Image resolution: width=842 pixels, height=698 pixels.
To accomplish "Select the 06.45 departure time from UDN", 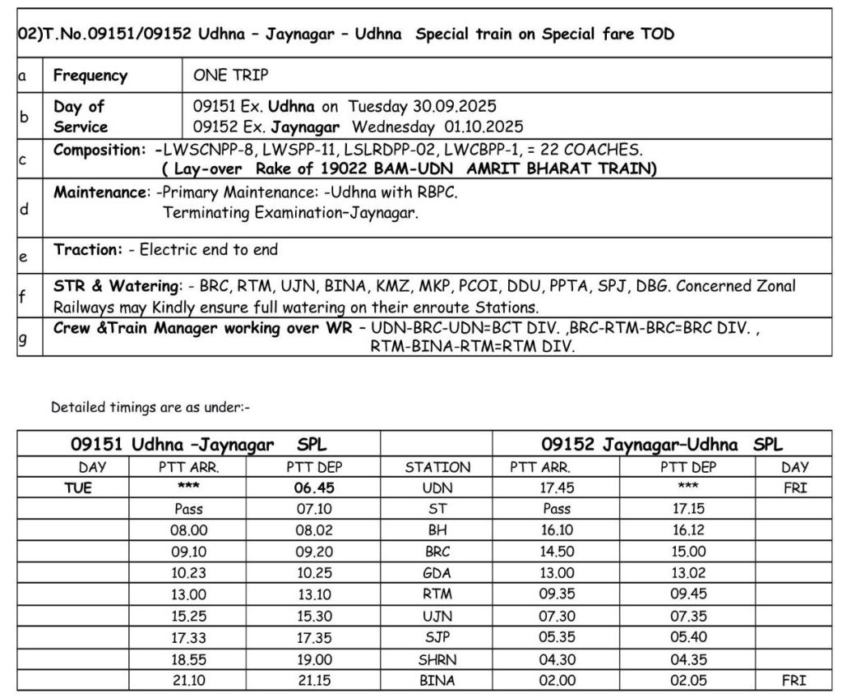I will (313, 488).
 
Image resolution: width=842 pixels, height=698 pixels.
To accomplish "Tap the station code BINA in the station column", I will (437, 680).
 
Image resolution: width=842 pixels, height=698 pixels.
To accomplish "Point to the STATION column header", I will (437, 467).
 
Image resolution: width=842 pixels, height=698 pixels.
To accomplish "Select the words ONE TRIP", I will (231, 75).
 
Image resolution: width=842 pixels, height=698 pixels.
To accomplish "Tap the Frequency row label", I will (90, 75).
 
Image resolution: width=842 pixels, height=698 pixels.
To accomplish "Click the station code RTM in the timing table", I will (437, 594).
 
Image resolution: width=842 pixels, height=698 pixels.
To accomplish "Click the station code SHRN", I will (437, 659).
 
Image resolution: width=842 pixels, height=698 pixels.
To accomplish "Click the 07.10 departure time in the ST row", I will (313, 509).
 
